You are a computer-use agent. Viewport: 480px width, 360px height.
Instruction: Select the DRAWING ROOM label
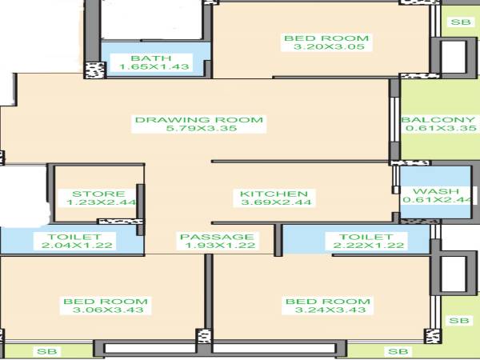point(198,121)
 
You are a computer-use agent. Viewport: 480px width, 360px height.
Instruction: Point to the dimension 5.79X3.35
point(198,130)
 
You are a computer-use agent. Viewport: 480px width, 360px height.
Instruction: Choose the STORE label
point(98,194)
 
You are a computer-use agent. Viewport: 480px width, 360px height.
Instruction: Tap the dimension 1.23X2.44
point(98,203)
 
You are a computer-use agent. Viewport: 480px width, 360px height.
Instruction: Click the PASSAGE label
point(217,237)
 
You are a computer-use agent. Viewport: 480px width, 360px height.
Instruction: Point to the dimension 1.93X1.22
point(217,246)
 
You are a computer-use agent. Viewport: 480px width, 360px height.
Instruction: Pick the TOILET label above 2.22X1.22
point(366,237)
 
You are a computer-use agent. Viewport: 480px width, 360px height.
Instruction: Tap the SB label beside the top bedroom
point(459,22)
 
